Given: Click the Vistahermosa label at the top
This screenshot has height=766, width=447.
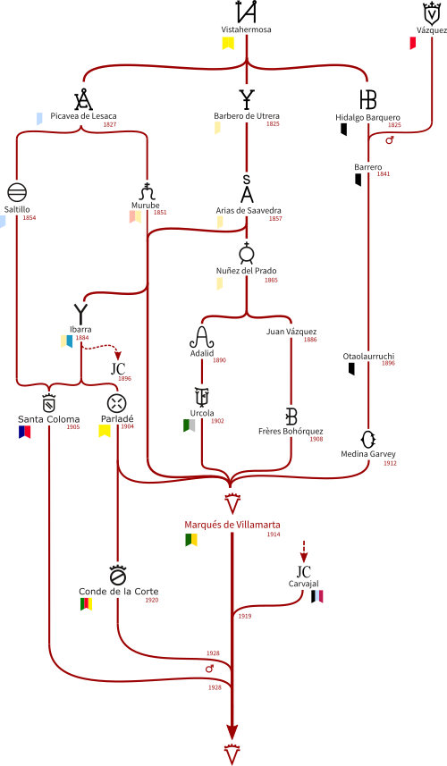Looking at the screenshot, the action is click(x=246, y=29).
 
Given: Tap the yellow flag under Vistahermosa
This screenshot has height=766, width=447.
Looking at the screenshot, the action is click(x=228, y=44).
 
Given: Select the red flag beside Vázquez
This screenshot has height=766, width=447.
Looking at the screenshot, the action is click(x=413, y=44).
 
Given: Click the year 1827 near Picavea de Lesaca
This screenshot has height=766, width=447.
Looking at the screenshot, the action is click(x=110, y=124).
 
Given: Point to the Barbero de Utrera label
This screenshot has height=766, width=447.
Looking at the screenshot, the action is click(x=247, y=116).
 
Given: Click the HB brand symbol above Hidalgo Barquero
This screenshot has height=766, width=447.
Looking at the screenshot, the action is click(x=367, y=99).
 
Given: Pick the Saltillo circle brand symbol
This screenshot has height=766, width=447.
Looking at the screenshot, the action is click(x=17, y=193).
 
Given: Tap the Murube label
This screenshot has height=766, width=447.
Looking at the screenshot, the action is click(x=145, y=206).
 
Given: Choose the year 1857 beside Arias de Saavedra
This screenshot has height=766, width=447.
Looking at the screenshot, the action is click(x=275, y=219).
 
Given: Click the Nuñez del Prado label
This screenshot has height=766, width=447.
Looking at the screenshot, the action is click(x=246, y=271).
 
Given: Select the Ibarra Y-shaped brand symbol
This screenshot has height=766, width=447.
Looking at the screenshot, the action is click(x=80, y=314).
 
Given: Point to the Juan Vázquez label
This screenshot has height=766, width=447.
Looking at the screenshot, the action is click(x=291, y=332).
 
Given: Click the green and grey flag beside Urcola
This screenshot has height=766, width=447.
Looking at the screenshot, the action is click(x=189, y=425).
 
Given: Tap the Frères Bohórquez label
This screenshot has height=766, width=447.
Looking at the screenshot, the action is click(x=291, y=432).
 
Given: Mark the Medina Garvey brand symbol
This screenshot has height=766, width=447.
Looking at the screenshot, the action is click(x=367, y=440).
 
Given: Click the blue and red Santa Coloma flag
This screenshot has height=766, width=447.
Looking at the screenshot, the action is click(x=24, y=432).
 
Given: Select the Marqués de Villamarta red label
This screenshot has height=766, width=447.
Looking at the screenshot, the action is click(x=232, y=525).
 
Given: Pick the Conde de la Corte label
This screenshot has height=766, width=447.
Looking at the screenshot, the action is click(x=119, y=592).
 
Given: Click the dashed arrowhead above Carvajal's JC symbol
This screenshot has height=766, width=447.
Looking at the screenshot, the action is click(x=303, y=558).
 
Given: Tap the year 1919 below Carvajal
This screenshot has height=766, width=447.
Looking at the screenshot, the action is click(x=245, y=617).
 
